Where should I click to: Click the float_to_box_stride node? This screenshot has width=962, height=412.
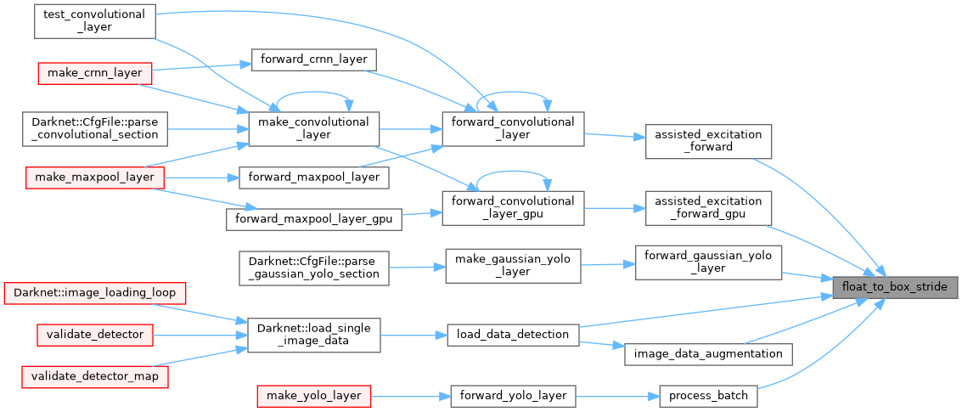(x=895, y=287)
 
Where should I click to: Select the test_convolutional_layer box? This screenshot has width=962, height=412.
(x=94, y=22)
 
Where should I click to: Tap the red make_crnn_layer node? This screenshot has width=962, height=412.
(x=94, y=73)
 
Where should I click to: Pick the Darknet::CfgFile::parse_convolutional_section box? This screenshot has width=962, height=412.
(x=93, y=127)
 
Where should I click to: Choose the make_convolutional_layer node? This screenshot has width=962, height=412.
(x=312, y=128)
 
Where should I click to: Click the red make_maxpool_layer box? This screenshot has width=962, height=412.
(x=94, y=178)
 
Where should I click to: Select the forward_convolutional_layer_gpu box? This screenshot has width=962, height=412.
(x=514, y=208)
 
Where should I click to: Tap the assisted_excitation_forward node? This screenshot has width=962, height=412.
(x=708, y=141)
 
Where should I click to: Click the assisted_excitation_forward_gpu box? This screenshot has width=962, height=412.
(x=708, y=208)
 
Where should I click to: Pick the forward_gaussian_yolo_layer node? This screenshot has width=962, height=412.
(x=708, y=262)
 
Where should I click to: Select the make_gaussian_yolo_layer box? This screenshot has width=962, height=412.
(x=514, y=265)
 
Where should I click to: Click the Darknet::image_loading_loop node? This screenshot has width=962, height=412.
(x=94, y=293)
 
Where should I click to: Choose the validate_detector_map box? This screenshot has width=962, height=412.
(x=94, y=375)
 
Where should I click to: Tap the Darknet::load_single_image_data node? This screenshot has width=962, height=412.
(x=312, y=334)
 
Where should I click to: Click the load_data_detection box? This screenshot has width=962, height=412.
(x=514, y=334)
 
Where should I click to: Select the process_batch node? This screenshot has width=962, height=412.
(x=708, y=396)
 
